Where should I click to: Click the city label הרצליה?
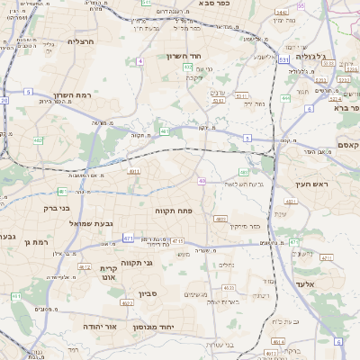pyautogui.click(x=80, y=41)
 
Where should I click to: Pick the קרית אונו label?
pyautogui.click(x=107, y=274)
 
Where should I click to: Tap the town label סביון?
pyautogui.click(x=148, y=293)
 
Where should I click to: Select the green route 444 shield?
pyautogui.click(x=286, y=97)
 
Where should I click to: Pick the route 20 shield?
pyautogui.click(x=4, y=101)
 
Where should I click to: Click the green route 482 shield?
pyautogui.click(x=38, y=140)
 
